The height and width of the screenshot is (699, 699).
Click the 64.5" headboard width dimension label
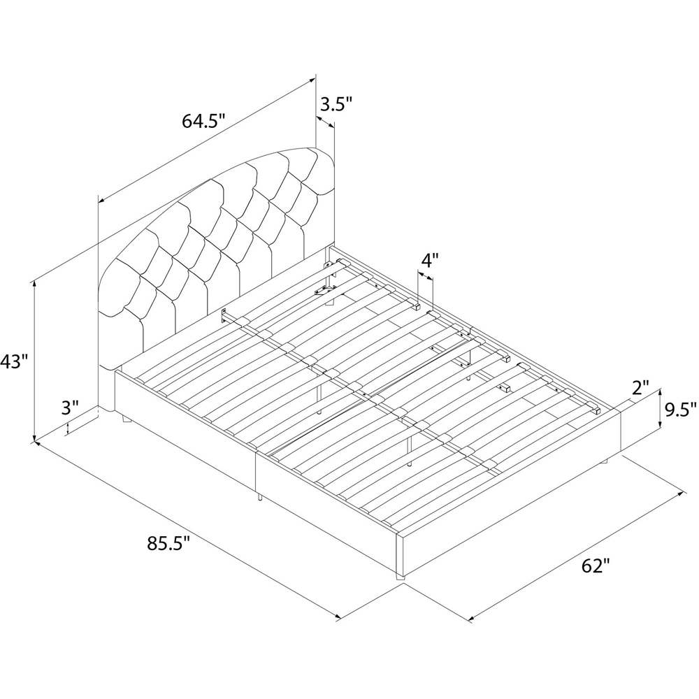tap(203, 122)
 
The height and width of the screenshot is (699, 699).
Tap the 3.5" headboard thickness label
tap(336, 106)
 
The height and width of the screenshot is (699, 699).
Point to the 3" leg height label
tap(69, 407)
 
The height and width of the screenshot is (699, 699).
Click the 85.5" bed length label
tap(169, 543)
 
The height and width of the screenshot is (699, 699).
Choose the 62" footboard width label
tap(596, 566)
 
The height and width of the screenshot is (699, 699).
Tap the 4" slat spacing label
tap(430, 260)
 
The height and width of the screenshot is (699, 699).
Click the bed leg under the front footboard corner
tap(400, 577)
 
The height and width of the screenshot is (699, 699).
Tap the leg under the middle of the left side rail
tap(259, 496)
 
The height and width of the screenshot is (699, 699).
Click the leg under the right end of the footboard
tap(604, 460)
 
